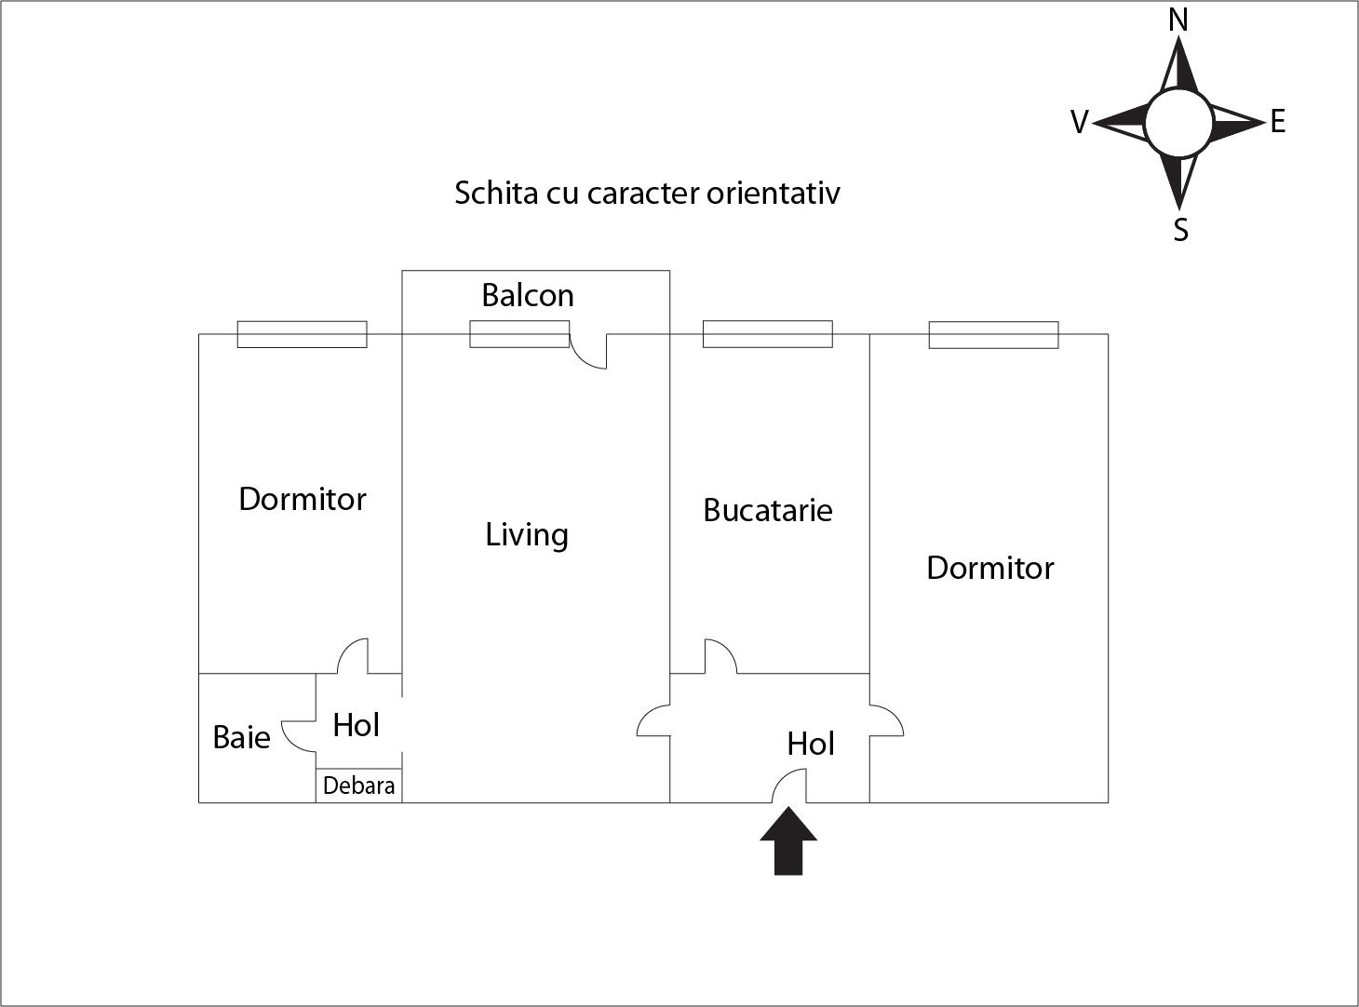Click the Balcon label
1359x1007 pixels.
pyautogui.click(x=528, y=295)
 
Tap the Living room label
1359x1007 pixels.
pyautogui.click(x=527, y=535)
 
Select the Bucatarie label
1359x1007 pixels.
pyautogui.click(x=768, y=510)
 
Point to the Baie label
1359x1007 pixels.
pyautogui.click(x=241, y=737)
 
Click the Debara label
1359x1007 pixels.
pyautogui.click(x=359, y=785)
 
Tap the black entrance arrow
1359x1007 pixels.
pyautogui.click(x=788, y=841)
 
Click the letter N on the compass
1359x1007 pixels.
pyautogui.click(x=1178, y=20)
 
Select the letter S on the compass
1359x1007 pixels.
pyautogui.click(x=1180, y=230)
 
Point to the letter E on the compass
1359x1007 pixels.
pyautogui.click(x=1277, y=121)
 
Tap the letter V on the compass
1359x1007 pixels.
pyautogui.click(x=1080, y=122)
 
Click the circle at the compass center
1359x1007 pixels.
pyautogui.click(x=1178, y=123)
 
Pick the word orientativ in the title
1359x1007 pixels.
pyautogui.click(x=774, y=193)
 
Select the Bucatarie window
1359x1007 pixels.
pyautogui.click(x=768, y=334)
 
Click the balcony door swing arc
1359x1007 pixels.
pyautogui.click(x=588, y=351)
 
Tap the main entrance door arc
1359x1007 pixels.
pyautogui.click(x=789, y=785)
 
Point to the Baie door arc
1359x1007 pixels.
pyautogui.click(x=299, y=736)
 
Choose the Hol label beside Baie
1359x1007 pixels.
pyautogui.click(x=356, y=725)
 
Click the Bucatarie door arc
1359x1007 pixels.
pyautogui.click(x=720, y=656)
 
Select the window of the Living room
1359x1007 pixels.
pyautogui.click(x=519, y=334)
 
